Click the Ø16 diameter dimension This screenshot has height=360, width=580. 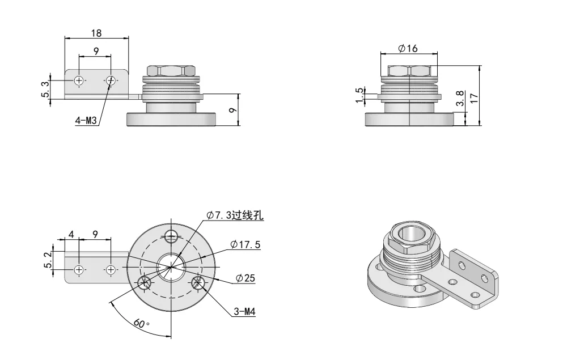click(408, 49)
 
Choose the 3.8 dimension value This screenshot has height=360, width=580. click(460, 98)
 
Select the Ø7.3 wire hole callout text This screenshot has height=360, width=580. click(235, 215)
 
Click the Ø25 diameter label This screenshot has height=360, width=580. click(247, 278)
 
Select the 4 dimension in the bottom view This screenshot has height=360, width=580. click(71, 234)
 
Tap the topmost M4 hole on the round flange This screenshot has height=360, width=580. click(171, 236)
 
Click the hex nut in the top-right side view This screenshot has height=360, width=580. click(409, 71)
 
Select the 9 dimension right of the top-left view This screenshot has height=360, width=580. click(232, 110)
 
